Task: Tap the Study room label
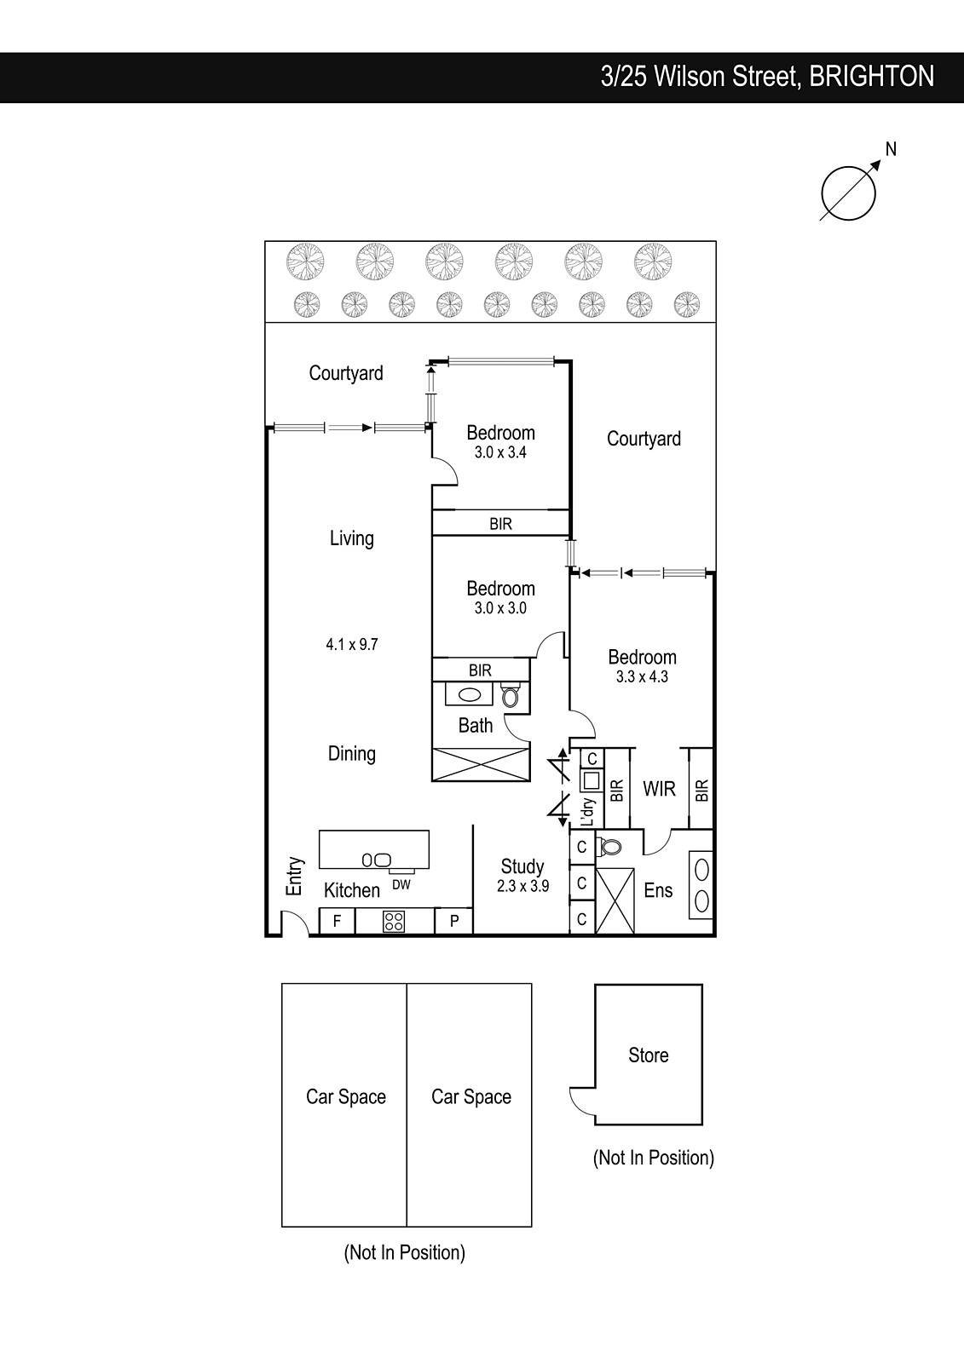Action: pos(522,866)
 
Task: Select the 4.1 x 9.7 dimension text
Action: pos(352,644)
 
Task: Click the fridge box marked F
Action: pos(337,921)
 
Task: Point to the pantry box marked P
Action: pos(453,921)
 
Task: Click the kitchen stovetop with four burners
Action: pos(394,921)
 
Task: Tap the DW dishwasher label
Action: pos(401,885)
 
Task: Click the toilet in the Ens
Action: pos(609,847)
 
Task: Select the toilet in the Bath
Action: pos(510,694)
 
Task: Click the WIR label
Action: pos(659,789)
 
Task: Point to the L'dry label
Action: pos(588,812)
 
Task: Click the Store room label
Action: pos(649,1055)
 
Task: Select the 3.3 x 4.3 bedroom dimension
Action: pos(642,676)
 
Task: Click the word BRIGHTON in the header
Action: pos(871,77)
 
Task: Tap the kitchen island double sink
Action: pos(377,860)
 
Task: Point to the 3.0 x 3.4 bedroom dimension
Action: pos(500,452)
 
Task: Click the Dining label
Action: pos(352,753)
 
